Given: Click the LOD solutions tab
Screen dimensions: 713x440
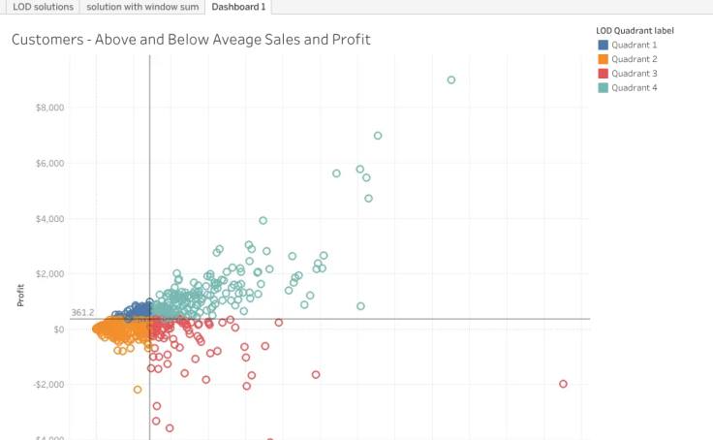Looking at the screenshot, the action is click(x=43, y=7).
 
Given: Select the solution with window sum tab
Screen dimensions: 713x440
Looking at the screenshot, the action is click(x=142, y=7).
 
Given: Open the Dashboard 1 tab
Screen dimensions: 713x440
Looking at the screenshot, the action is click(x=238, y=7).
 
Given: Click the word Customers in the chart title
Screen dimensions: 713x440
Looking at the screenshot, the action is click(x=47, y=40).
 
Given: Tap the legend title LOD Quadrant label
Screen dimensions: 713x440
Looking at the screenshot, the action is click(x=635, y=31).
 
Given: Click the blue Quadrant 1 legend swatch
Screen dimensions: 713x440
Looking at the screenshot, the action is click(x=603, y=45).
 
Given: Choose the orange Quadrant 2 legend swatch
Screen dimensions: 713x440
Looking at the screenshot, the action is click(x=603, y=59).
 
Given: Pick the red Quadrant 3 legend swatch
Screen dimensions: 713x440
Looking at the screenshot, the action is click(x=603, y=74).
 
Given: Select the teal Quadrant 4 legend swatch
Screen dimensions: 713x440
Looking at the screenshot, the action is click(x=603, y=88).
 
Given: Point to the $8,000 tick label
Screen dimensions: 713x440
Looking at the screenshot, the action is click(x=50, y=108).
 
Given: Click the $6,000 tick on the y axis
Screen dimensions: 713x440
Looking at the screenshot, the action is click(x=50, y=164).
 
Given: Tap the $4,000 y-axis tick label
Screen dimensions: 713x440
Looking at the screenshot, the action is click(x=50, y=219).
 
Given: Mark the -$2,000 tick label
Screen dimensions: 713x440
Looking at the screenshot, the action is click(x=48, y=385).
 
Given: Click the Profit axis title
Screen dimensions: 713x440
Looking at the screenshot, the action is click(x=20, y=296).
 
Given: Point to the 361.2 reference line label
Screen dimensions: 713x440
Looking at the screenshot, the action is click(x=82, y=313).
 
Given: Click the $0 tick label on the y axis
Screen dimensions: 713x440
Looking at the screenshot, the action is click(x=59, y=330).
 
